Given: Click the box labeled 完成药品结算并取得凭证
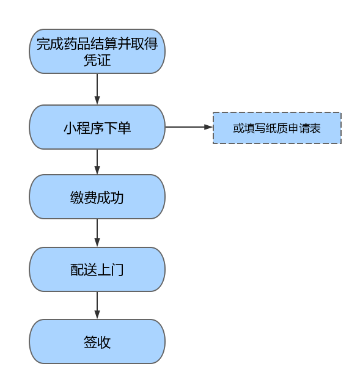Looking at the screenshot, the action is coord(97,51).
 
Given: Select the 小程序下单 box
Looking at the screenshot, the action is coord(97,127).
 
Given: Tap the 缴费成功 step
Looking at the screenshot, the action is coord(97,197).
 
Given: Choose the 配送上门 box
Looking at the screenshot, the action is coord(97,269).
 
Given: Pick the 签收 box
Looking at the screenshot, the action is coord(97,341).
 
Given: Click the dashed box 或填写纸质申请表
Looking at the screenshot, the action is coord(277,128).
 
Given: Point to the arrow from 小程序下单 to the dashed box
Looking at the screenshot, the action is coord(189,127).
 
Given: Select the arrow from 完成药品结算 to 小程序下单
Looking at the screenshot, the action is coord(97,89).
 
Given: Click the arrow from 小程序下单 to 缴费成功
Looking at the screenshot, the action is coord(97,162).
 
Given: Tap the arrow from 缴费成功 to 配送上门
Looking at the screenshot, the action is coord(97,233).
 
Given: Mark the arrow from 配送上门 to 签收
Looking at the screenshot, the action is coord(97,305).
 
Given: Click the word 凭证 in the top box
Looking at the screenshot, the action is coord(97,60).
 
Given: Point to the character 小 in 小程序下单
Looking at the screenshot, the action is coord(70,128).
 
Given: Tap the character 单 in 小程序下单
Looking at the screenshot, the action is coord(125,128).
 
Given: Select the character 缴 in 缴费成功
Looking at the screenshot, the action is coord(77,197).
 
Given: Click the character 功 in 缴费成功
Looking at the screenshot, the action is coord(117,197).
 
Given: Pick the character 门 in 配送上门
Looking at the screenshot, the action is coord(117,270).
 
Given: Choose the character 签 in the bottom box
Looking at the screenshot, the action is coord(90,342).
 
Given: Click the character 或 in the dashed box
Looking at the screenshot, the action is coord(238,128).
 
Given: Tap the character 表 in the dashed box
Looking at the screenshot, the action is coord(315,128).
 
